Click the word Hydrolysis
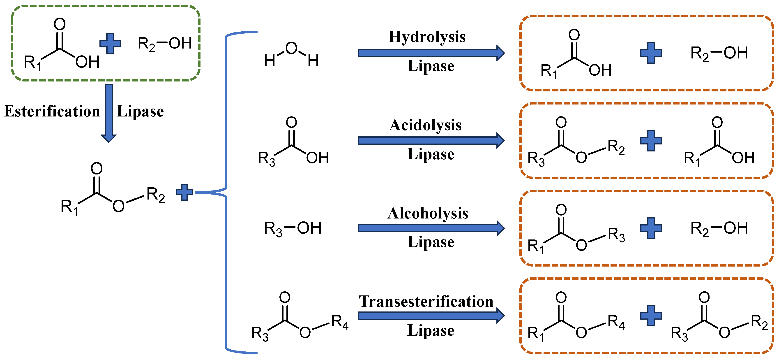point(427,37)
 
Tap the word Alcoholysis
point(428,213)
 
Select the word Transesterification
point(426,302)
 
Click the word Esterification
point(52,111)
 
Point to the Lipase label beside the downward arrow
point(140,111)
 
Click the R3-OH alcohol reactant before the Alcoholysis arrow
point(293,228)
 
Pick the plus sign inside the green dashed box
point(110,44)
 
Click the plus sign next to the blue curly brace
point(184,192)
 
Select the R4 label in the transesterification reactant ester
point(340,322)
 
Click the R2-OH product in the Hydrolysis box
point(719,53)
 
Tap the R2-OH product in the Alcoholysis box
point(719,228)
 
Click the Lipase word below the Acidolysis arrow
point(431,154)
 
